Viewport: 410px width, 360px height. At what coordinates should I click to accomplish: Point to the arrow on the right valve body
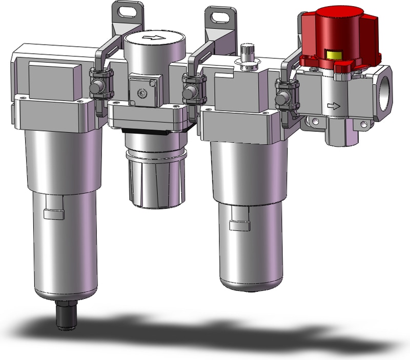point(334,107)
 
